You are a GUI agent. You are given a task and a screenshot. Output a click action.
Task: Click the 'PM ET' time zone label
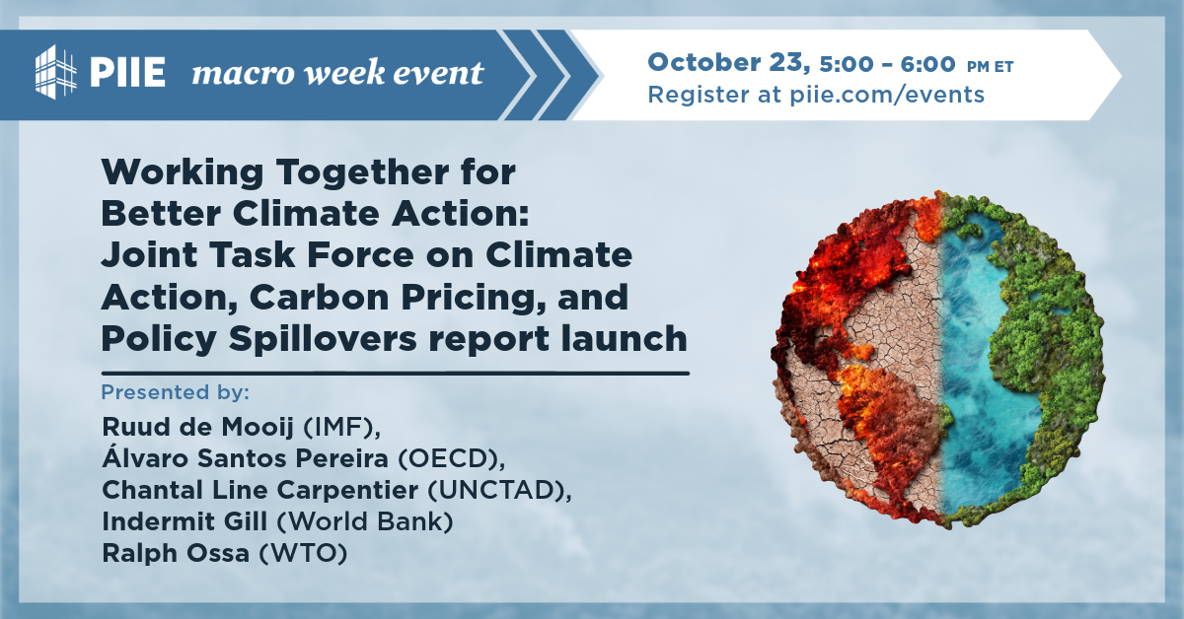coord(990,66)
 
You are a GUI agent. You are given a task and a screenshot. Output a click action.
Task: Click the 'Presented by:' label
coord(176,392)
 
